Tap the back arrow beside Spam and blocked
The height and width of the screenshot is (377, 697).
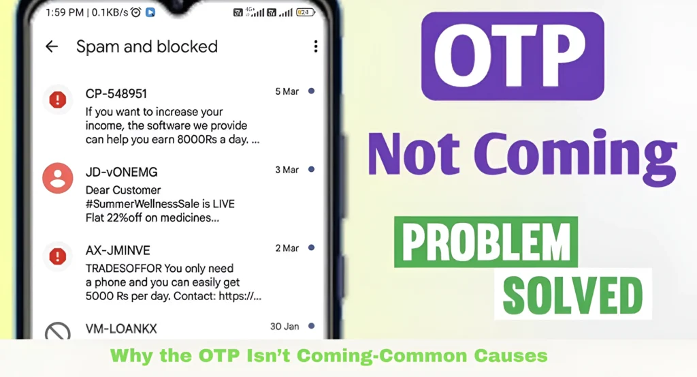(x=52, y=46)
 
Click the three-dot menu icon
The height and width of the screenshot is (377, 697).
(x=315, y=46)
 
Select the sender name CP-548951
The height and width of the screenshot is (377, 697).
(x=116, y=93)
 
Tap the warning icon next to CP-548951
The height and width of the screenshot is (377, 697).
(x=58, y=100)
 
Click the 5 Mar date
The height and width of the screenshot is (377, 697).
(x=287, y=91)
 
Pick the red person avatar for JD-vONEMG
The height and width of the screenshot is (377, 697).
(x=58, y=179)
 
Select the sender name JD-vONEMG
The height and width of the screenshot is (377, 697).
(x=122, y=172)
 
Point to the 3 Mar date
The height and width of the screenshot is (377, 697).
(x=287, y=169)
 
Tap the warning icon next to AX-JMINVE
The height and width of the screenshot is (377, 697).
(x=58, y=256)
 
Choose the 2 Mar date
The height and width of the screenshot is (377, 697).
(x=287, y=248)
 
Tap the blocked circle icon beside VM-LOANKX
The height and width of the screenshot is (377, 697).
(x=58, y=333)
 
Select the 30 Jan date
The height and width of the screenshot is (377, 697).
(x=285, y=327)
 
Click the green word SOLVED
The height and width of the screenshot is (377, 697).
(x=573, y=294)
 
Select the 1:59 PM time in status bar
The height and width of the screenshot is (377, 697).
(x=65, y=12)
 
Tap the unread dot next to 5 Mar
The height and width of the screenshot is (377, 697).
(x=311, y=91)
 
